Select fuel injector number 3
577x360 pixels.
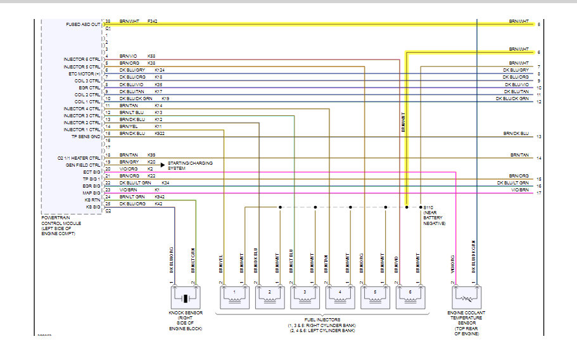305,296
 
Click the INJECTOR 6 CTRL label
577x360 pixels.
82,60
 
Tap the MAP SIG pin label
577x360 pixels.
91,193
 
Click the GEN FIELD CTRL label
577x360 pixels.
83,165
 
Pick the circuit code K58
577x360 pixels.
151,56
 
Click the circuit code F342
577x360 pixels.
153,21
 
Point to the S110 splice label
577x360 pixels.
429,207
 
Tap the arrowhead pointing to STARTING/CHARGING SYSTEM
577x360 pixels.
162,165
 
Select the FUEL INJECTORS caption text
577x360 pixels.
322,319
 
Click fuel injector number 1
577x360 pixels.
234,296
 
